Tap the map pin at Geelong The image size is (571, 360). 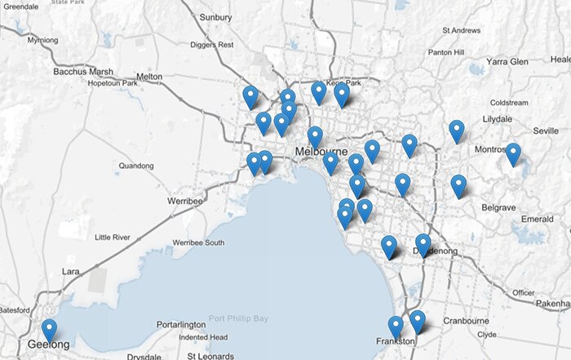50,330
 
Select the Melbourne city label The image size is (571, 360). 321,153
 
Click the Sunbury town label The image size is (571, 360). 215,16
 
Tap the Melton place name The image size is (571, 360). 150,76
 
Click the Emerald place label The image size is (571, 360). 537,219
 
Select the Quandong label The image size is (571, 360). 135,166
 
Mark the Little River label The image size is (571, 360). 112,237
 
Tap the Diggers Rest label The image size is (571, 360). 211,44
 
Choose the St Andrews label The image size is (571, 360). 461,30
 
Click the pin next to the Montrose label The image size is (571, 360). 512,153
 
